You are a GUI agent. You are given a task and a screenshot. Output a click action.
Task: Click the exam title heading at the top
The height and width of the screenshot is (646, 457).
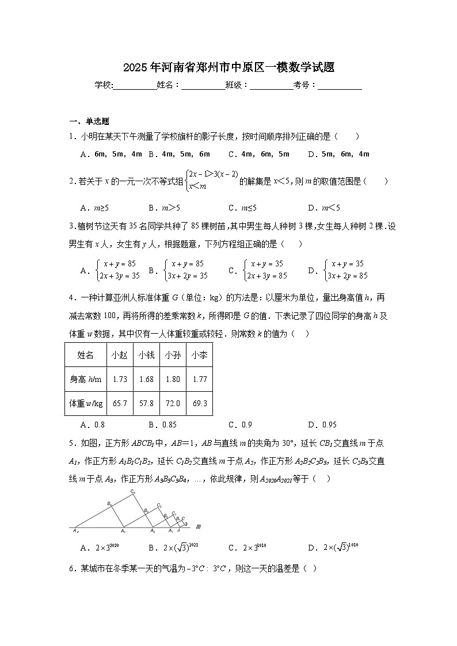[x=228, y=68]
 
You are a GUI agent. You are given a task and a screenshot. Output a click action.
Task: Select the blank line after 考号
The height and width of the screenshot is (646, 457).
[x=340, y=86]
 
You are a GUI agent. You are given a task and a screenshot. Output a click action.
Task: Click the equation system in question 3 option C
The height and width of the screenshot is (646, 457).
[x=264, y=269]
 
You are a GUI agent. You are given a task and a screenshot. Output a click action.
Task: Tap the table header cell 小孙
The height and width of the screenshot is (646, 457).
[x=173, y=356]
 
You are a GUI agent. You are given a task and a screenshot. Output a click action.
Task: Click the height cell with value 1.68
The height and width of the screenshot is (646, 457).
[x=146, y=379]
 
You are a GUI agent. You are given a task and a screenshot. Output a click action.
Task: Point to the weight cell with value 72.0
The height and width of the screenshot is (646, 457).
[x=173, y=403]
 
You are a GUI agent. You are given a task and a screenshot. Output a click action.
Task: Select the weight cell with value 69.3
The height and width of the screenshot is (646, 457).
[x=200, y=403]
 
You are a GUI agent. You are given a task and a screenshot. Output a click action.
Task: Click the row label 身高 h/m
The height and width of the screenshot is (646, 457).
[x=85, y=379]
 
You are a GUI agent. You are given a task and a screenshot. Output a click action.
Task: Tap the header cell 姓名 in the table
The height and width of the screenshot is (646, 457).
[x=85, y=356]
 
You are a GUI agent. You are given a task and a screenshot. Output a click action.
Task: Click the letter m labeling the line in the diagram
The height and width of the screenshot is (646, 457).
[x=198, y=526]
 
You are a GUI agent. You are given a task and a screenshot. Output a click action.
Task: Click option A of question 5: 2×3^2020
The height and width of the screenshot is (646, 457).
[x=100, y=547]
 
